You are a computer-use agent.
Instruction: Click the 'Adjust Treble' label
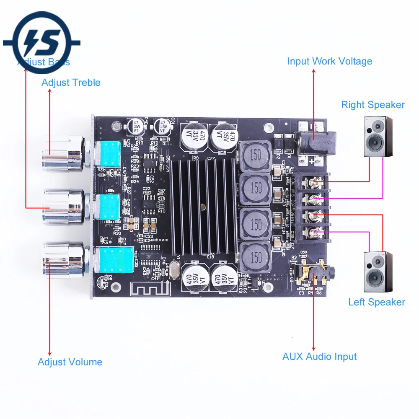(71, 83)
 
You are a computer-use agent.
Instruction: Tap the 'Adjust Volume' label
(70, 362)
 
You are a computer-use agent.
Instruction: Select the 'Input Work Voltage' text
(329, 61)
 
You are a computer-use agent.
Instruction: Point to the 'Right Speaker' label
(373, 105)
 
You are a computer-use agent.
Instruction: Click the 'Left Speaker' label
(377, 302)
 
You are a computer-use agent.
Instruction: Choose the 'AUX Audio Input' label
(319, 357)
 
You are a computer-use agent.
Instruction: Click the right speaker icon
(378, 137)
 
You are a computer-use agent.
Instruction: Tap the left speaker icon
(378, 272)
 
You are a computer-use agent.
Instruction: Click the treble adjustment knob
(63, 154)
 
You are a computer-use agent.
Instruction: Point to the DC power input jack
(314, 145)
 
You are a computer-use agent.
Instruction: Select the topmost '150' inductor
(255, 156)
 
